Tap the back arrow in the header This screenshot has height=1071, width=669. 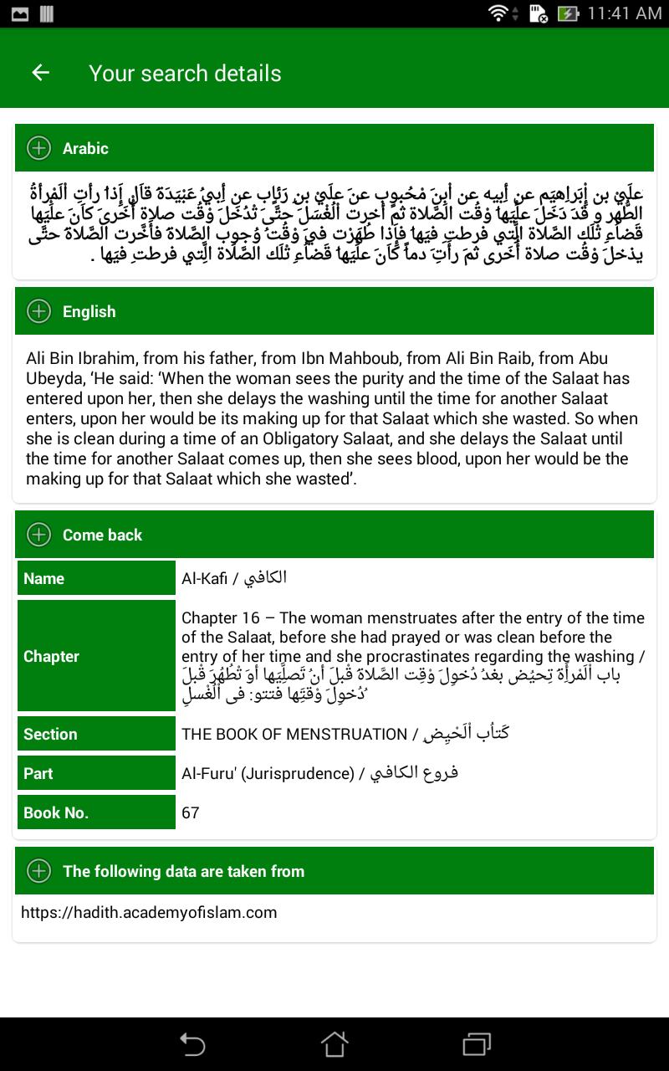point(40,73)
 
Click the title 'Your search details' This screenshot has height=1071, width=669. point(185,73)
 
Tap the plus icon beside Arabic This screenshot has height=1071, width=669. point(38,148)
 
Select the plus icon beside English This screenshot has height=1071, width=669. point(38,311)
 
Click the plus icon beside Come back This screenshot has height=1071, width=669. point(38,535)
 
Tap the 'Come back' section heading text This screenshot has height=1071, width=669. point(102,535)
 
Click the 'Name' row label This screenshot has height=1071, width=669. point(44,578)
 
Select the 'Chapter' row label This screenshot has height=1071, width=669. point(51,656)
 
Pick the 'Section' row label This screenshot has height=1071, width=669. point(50,734)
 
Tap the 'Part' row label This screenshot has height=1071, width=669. point(38,773)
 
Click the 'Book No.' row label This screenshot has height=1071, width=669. point(56,812)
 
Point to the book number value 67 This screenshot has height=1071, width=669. point(191,812)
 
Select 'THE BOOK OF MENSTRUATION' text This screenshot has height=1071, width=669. point(294,734)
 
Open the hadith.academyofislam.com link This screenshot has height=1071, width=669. point(149,912)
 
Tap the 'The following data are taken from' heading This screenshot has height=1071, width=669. point(183,871)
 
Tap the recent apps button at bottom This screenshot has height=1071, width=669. point(476,1043)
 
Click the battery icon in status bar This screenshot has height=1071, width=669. point(568,13)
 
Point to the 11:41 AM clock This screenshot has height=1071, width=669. point(624,13)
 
